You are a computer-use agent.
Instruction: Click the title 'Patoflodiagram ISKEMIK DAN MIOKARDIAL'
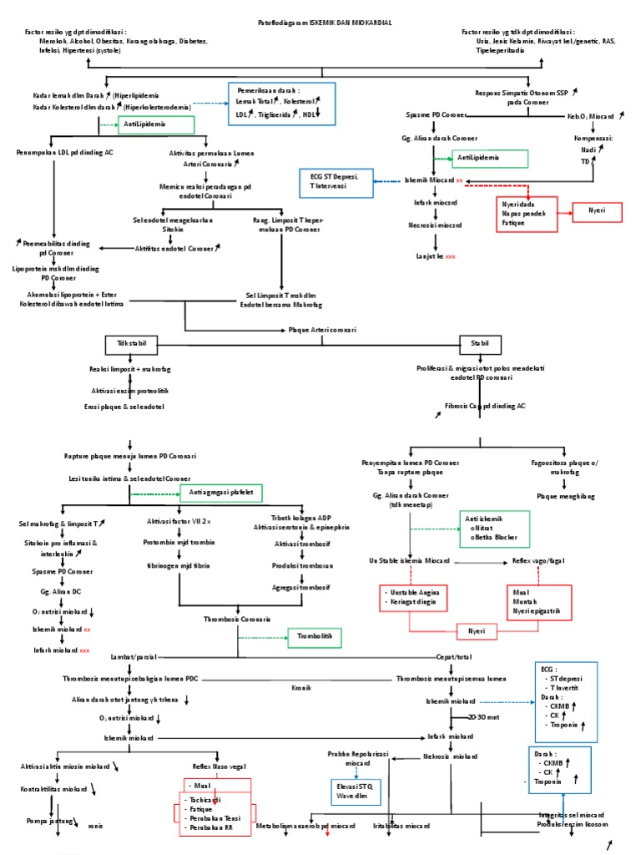tap(321, 23)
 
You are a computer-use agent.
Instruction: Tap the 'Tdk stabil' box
tap(132, 343)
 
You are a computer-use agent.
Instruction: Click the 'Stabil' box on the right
tap(480, 343)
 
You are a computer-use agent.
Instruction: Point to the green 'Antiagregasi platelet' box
tap(220, 492)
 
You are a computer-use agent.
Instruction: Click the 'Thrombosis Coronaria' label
tap(237, 619)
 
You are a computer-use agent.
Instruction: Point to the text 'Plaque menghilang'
tap(565, 496)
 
